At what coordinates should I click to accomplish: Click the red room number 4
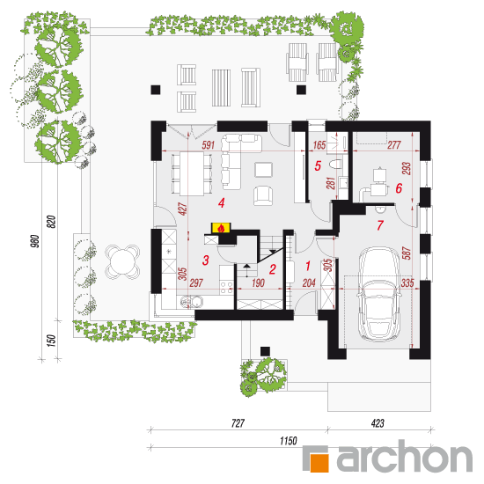point(221,203)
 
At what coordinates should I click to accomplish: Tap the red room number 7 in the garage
point(380,225)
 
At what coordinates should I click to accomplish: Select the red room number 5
point(318,166)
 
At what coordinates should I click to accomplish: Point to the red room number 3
point(206,260)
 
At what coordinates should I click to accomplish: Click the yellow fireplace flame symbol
point(221,228)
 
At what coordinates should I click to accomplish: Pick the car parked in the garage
point(379,294)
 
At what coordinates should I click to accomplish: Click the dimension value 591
point(208,145)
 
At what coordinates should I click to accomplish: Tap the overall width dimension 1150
point(289,441)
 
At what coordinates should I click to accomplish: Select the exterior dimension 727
point(238,423)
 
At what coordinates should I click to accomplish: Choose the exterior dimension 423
point(378,423)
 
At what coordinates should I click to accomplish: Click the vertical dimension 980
point(35,241)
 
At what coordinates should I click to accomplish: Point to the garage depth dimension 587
point(407,253)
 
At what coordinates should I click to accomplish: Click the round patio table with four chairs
point(122,261)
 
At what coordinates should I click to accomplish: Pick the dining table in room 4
point(192,173)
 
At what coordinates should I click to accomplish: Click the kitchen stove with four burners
point(226,288)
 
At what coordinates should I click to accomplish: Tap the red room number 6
point(399,188)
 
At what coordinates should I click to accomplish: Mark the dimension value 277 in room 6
point(394,145)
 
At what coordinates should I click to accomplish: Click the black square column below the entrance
point(265,351)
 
